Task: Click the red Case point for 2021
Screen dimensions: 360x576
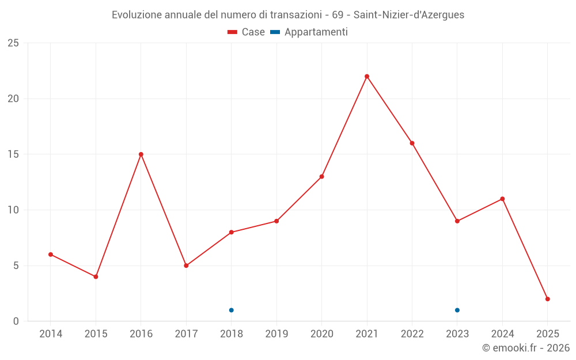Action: (x=367, y=77)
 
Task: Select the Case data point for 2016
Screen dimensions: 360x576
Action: (x=141, y=154)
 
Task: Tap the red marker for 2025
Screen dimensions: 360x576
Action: (x=548, y=299)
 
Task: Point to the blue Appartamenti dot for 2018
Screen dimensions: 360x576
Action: (x=232, y=310)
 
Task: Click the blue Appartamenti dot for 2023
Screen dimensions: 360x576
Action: (x=457, y=310)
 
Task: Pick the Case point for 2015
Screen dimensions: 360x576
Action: (x=96, y=277)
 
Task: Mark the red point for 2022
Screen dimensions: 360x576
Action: (x=412, y=143)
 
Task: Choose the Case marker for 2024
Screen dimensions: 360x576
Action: (x=502, y=199)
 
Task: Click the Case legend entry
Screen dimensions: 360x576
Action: (x=247, y=32)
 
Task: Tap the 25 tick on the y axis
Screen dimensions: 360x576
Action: (x=13, y=43)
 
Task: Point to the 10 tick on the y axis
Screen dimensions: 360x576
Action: (x=13, y=210)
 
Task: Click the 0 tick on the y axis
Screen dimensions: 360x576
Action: (x=16, y=321)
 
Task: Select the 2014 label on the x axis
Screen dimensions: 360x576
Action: (x=51, y=334)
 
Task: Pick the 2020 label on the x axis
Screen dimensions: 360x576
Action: (x=321, y=334)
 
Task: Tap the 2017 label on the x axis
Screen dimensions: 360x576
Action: (x=186, y=334)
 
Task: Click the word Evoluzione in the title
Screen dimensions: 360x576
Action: (x=137, y=15)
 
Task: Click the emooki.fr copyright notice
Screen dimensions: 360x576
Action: (x=526, y=348)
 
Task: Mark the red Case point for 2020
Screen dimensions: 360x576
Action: (x=321, y=177)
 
